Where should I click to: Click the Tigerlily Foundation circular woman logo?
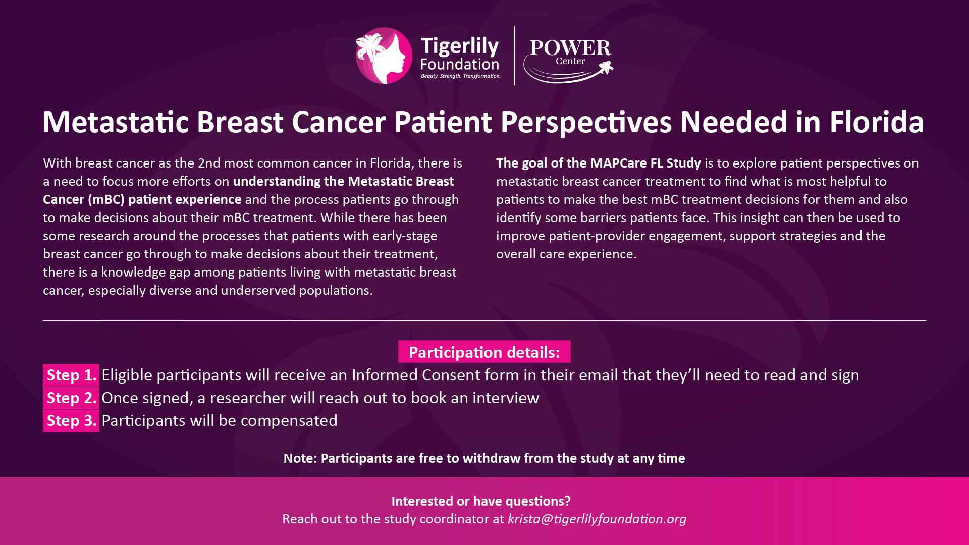coord(384,56)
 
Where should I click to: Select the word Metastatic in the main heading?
coord(116,122)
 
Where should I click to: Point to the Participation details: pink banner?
coord(484,352)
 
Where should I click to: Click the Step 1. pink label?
coord(71,375)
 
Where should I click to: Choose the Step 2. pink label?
coord(71,398)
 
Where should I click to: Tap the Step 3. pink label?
coord(71,420)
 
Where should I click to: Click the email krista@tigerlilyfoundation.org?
coord(597,519)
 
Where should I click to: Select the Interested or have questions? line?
coord(481,501)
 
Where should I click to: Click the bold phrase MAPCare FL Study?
coord(645,163)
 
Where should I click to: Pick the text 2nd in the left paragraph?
coord(209,163)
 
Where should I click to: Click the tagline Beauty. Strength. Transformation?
coord(461,76)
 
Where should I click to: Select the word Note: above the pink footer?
coord(300,458)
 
